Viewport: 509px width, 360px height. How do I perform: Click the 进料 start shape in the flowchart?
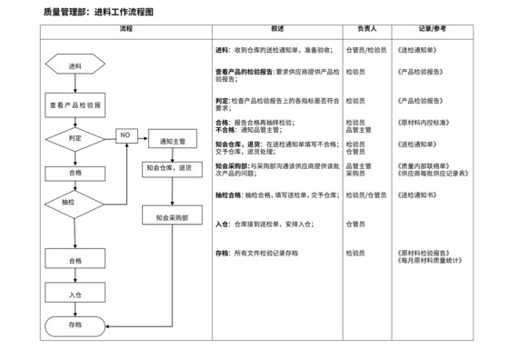(75, 66)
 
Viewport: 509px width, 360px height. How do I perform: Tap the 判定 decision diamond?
(75, 137)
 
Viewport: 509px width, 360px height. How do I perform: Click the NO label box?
(125, 135)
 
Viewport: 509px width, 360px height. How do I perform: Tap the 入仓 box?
(75, 295)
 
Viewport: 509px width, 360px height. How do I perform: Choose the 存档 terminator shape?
(75, 325)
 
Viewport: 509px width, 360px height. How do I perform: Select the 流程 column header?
(125, 30)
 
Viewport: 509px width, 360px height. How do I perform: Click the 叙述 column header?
(277, 30)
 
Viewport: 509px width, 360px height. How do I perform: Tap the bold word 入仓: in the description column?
(223, 223)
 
